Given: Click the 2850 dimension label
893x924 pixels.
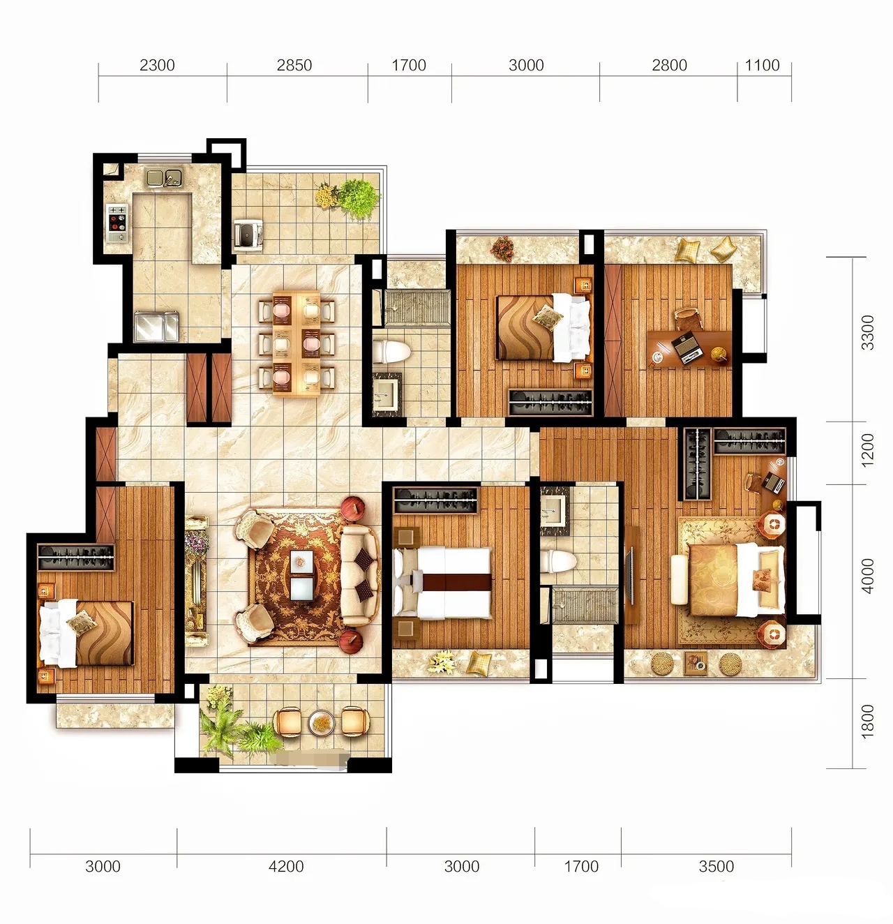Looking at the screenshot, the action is coord(294,65).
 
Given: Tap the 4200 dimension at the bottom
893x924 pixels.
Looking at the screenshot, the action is coord(286,867).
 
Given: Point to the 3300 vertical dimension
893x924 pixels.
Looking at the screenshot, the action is coord(867,332).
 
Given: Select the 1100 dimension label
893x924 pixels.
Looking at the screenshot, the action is coord(762,65).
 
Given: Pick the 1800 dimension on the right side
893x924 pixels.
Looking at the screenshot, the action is coord(867,721).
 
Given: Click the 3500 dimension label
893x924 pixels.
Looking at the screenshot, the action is coord(716,867).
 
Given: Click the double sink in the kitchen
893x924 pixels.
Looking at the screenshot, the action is coord(164,177).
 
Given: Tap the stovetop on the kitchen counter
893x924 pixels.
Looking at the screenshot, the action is coord(117,223).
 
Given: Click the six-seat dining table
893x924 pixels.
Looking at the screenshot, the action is coord(297,343).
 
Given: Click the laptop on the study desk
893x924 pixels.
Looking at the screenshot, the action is coord(687,349).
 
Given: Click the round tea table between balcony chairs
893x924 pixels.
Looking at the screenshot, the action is coord(322,722).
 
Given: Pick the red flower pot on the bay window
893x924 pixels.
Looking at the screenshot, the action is coord(502,248).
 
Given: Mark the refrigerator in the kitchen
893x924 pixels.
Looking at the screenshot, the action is coord(157,326).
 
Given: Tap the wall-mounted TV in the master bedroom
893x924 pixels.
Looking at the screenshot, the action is coord(631,576).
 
